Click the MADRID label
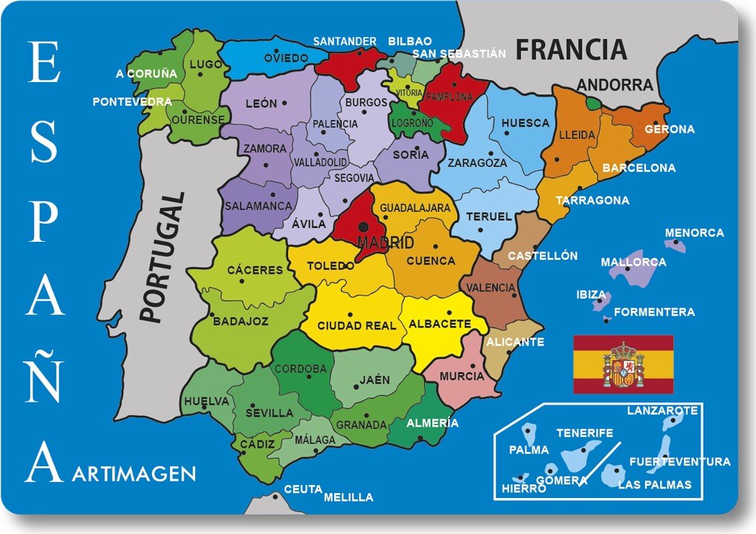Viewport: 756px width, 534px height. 386,242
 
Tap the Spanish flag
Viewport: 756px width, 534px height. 623,364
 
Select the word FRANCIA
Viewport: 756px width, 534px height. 571,50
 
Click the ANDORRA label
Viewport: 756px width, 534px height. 615,85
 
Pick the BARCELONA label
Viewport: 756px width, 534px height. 639,168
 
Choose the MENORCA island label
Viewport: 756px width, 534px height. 694,233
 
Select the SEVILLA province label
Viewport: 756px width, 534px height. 269,413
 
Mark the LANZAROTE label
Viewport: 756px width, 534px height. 662,411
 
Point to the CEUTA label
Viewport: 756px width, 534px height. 302,489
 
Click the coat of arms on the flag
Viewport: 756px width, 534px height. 623,365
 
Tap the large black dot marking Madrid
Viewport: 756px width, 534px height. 364,227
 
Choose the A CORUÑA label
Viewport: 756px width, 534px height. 146,73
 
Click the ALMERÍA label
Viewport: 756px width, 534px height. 432,423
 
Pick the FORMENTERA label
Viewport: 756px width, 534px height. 654,312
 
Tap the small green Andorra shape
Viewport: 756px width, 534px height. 592,104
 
